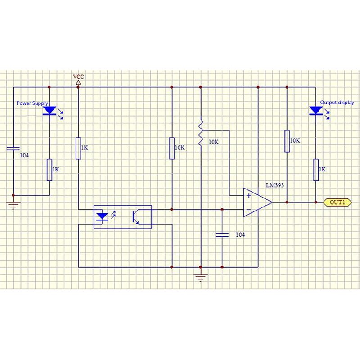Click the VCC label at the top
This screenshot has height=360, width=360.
pyautogui.click(x=78, y=77)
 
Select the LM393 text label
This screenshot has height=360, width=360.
pyautogui.click(x=274, y=185)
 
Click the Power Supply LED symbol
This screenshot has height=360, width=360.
pyautogui.click(x=49, y=111)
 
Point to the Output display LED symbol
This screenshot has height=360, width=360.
pyautogui.click(x=316, y=111)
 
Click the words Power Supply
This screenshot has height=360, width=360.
pyautogui.click(x=32, y=103)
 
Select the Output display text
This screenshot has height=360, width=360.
pyautogui.click(x=337, y=103)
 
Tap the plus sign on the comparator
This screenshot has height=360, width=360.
pyautogui.click(x=248, y=196)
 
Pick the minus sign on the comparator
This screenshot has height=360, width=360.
pyautogui.click(x=248, y=209)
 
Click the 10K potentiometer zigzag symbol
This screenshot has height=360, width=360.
pyautogui.click(x=201, y=132)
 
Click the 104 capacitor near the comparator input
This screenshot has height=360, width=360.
pyautogui.click(x=222, y=234)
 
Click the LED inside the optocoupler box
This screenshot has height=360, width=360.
pyautogui.click(x=103, y=216)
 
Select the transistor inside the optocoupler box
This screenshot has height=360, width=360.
pyautogui.click(x=135, y=216)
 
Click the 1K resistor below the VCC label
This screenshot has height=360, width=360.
pyautogui.click(x=78, y=148)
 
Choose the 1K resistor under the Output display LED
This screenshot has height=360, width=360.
pyautogui.click(x=316, y=170)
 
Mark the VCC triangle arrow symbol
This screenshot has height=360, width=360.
pyautogui.click(x=78, y=83)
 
